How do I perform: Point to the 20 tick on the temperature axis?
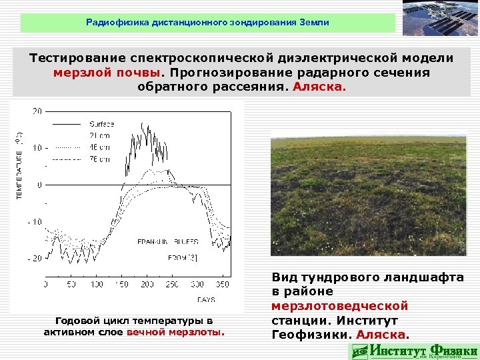pos(37,110)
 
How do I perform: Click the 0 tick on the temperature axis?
pos(39,184)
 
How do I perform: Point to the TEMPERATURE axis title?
pos(19,163)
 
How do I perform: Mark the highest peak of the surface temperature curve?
pos(143,123)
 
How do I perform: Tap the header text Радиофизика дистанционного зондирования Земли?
pos(207,23)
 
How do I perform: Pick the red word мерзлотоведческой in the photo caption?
pos(339,306)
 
